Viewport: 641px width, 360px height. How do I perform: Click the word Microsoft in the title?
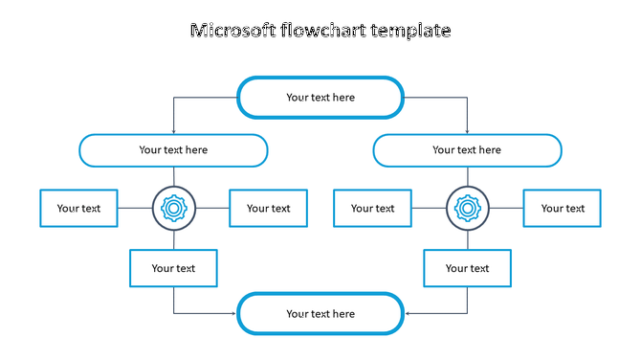(x=232, y=31)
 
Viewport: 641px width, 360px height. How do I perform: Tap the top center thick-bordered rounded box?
(x=320, y=97)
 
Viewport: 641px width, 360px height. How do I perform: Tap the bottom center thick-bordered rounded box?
(x=320, y=313)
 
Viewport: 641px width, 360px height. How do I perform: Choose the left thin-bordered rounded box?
(x=173, y=150)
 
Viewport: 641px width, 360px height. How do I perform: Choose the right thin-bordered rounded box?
(x=467, y=150)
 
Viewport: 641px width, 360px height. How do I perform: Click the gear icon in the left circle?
(x=173, y=208)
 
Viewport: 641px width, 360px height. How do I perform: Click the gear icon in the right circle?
(x=467, y=208)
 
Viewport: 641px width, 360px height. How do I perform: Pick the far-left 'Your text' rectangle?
(x=78, y=208)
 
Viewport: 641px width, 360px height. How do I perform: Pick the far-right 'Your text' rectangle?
(x=562, y=208)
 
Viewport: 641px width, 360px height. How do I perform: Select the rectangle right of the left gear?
(x=268, y=208)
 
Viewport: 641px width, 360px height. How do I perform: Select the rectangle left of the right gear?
(x=372, y=208)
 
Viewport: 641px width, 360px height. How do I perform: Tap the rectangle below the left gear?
(x=173, y=268)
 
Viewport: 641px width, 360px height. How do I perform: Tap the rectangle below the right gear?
(x=467, y=268)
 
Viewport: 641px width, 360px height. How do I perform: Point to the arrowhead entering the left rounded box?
(x=173, y=131)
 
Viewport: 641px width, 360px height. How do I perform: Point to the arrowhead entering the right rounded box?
(x=467, y=131)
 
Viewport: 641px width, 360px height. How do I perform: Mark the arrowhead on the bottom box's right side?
(x=407, y=313)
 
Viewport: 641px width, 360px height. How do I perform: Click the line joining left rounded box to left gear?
(x=173, y=176)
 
